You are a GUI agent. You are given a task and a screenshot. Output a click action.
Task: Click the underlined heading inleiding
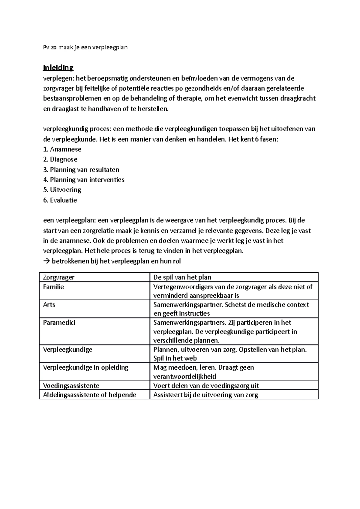coord(58,68)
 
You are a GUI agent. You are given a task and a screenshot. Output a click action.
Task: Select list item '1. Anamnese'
coord(62,149)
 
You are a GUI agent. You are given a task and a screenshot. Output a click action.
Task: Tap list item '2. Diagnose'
coord(60,159)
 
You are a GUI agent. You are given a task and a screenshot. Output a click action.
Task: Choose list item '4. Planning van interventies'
coord(84,180)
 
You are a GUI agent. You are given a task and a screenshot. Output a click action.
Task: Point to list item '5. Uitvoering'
coord(62,190)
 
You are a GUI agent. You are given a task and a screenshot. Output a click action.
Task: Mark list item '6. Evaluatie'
coord(60,200)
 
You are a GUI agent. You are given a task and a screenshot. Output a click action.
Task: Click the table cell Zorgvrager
coord(59,277)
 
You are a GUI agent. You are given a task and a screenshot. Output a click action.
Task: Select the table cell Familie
coord(53,287)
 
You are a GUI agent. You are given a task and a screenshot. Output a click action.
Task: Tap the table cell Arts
coord(49,305)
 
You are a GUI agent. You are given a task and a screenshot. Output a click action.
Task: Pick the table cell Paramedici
coord(59,323)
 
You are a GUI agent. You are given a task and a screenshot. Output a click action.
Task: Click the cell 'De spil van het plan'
coord(182,277)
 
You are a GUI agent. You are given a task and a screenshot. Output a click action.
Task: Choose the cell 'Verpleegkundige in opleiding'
coord(85,368)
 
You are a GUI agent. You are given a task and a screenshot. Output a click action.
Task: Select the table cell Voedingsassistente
coord(71,385)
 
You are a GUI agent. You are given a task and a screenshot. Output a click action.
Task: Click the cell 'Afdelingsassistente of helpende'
coord(89,395)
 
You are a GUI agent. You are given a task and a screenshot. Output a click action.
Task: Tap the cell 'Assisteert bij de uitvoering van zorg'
coord(205,395)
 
